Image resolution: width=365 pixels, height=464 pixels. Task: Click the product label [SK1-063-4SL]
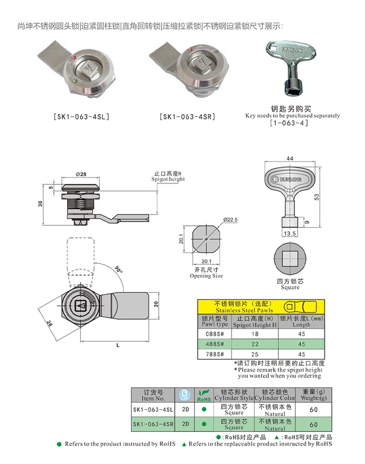point(81,117)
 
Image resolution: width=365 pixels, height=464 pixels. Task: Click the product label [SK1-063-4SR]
point(187,117)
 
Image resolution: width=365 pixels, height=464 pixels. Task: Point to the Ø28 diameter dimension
point(81,174)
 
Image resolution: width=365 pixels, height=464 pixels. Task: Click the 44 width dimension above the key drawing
point(290,158)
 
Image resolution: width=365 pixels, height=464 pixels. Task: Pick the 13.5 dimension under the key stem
point(290,234)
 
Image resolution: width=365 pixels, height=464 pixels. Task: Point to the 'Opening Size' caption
point(206,276)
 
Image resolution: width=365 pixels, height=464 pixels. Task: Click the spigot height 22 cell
point(255,344)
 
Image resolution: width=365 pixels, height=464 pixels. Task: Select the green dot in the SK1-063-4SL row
point(204,409)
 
